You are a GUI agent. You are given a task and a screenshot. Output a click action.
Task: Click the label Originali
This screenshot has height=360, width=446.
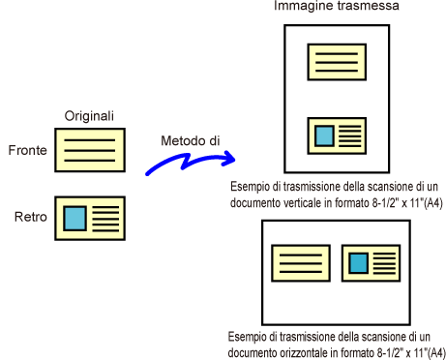click(x=89, y=116)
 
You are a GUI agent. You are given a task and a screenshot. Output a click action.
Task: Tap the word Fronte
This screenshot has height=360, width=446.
click(x=27, y=150)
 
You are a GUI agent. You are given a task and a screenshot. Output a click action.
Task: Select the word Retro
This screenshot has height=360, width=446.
click(x=31, y=217)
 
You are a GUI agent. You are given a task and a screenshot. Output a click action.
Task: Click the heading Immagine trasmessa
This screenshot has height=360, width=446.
click(x=337, y=6)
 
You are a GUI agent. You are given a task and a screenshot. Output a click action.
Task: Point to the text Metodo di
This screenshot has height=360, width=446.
click(x=191, y=140)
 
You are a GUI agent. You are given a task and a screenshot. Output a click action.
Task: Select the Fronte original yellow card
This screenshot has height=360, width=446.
click(x=90, y=150)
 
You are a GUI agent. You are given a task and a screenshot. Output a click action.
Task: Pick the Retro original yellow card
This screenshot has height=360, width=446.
click(x=90, y=219)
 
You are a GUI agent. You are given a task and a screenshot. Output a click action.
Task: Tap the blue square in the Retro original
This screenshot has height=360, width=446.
click(x=74, y=219)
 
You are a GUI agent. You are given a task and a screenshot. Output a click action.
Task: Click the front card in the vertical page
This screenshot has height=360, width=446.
click(x=337, y=62)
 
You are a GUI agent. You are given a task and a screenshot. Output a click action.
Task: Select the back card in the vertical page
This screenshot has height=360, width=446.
click(x=337, y=135)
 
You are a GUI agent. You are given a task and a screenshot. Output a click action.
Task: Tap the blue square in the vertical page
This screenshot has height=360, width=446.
click(x=324, y=136)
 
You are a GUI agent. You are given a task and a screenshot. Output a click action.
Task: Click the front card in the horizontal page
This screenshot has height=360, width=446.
click(x=301, y=263)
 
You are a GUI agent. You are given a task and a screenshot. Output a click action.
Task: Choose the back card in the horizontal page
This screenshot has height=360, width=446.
click(x=371, y=263)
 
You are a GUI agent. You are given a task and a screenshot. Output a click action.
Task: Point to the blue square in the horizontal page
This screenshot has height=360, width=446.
click(x=359, y=263)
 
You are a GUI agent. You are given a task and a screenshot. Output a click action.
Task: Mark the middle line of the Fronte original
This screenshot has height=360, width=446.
click(x=90, y=150)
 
